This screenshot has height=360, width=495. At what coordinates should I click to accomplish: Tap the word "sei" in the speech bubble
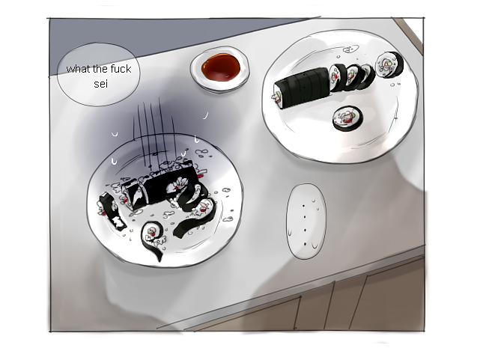click(x=100, y=84)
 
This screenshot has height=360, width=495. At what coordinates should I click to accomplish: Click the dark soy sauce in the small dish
click(x=221, y=67)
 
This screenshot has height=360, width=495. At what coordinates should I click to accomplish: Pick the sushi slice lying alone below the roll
click(x=347, y=118)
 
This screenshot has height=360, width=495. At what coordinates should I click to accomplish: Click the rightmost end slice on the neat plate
click(x=389, y=65)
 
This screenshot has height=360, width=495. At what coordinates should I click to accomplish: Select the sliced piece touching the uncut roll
click(x=338, y=77)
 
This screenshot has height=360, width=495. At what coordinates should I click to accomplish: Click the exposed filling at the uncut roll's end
click(x=276, y=97)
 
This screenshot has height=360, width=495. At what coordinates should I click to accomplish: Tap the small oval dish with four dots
click(x=306, y=222)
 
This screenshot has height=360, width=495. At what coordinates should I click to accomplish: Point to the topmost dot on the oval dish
click(x=304, y=206)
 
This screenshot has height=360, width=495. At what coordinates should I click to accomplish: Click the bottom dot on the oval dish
click(x=306, y=244)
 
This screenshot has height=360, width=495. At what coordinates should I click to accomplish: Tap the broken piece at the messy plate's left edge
click(x=112, y=211)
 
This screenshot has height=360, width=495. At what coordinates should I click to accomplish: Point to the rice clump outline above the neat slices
click(x=350, y=49)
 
